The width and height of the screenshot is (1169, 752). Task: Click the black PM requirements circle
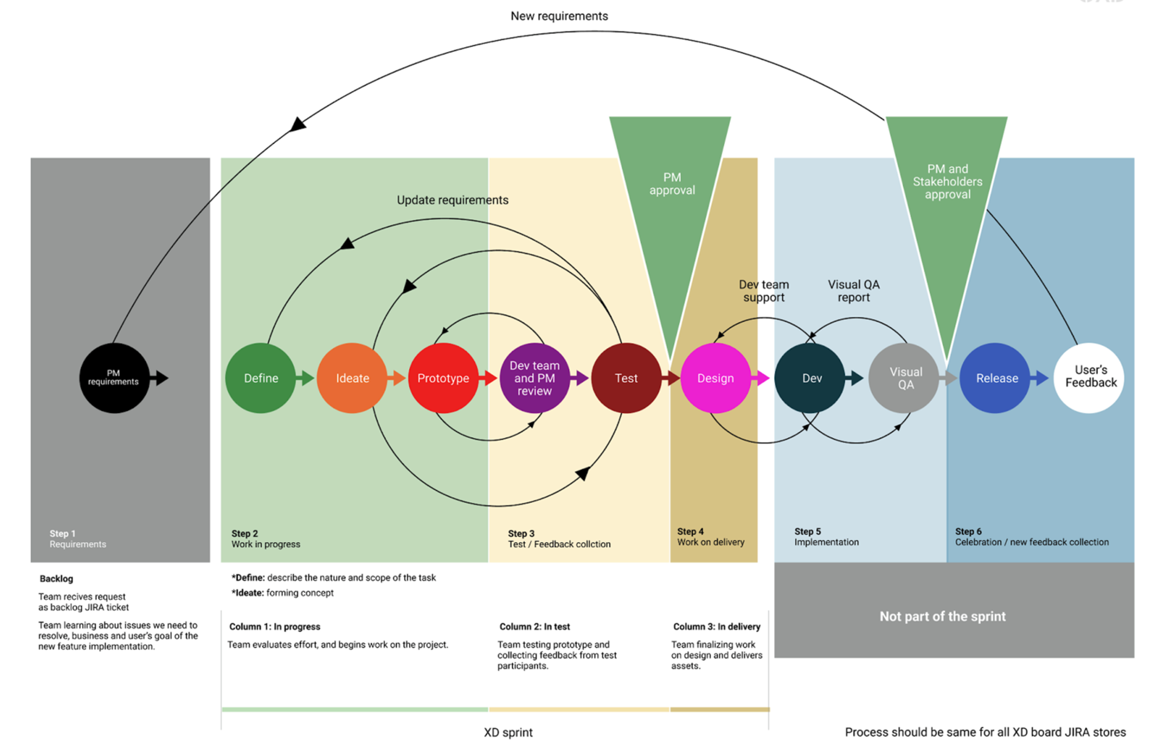(114, 378)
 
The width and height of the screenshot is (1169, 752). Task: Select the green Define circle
(260, 378)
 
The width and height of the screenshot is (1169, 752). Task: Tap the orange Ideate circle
(352, 378)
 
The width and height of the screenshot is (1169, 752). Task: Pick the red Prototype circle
(443, 378)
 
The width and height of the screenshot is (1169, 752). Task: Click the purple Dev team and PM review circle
(534, 378)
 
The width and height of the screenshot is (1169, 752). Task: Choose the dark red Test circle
(626, 378)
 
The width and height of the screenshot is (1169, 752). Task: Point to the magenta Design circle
(716, 378)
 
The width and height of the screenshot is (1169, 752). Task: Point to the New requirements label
(559, 16)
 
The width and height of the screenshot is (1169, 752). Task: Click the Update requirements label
(452, 200)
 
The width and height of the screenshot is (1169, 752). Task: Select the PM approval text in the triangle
(672, 184)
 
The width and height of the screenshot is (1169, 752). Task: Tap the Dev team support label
(764, 291)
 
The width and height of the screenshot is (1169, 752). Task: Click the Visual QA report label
(853, 291)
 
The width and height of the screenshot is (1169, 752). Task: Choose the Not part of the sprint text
(943, 616)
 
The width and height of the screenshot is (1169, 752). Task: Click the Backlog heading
(57, 579)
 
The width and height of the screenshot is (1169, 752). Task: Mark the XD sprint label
(508, 733)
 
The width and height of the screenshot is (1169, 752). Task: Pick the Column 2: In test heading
(534, 626)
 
